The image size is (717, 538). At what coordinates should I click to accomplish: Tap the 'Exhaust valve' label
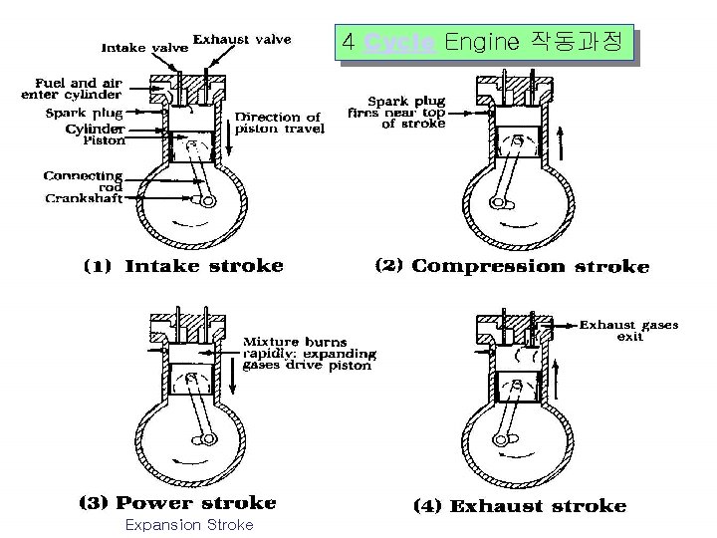click(242, 40)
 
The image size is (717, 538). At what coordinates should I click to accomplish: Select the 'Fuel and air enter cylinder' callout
click(71, 89)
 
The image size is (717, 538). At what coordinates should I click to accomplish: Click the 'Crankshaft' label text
click(84, 198)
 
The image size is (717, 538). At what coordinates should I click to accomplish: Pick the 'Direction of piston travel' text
click(280, 124)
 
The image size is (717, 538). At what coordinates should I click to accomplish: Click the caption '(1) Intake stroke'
click(182, 266)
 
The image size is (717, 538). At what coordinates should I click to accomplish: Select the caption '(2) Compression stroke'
click(511, 266)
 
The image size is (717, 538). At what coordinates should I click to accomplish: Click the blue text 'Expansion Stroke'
click(188, 525)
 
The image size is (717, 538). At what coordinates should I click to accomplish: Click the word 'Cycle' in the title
click(399, 43)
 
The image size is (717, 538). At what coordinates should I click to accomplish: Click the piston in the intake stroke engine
click(197, 151)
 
